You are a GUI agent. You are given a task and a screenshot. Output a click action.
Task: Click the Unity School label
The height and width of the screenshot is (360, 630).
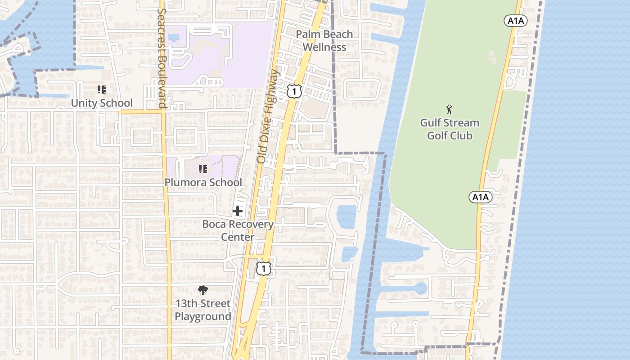pos(102,103)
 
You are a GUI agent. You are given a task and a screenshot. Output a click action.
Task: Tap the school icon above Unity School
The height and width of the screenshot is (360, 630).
pos(102,90)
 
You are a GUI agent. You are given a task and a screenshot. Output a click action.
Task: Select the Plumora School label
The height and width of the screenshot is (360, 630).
pos(203,182)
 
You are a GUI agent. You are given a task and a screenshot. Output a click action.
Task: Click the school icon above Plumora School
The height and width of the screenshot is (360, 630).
pos(203,169)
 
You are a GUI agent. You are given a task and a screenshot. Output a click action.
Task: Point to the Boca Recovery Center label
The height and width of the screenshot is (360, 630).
pos(238,230)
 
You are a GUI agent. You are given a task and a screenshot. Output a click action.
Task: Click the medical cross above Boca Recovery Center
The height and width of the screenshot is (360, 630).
pos(238,211)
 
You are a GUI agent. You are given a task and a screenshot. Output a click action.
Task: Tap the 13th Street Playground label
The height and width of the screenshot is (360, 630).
pos(203,310)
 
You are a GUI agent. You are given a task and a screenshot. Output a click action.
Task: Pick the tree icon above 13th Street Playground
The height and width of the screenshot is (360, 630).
pos(203,290)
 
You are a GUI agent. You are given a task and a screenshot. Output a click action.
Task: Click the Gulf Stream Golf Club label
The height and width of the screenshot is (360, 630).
pos(450,129)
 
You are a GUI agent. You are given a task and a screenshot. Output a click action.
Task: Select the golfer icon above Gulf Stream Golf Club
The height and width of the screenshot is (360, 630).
pos(449,109)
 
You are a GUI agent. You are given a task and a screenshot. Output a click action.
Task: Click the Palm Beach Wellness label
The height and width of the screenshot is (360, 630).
pos(324,40)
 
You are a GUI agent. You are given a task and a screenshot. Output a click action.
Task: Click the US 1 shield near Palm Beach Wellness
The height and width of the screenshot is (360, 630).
pos(294,91)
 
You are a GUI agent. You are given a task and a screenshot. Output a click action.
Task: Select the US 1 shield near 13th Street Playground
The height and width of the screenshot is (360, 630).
pos(264,269)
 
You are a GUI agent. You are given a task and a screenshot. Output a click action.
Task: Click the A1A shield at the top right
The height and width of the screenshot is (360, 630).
pos(515,20)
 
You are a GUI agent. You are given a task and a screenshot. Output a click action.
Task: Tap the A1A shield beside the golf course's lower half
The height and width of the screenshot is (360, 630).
pos(480,197)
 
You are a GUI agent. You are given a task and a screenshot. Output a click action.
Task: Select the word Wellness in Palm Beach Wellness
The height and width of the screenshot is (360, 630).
pos(324,47)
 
